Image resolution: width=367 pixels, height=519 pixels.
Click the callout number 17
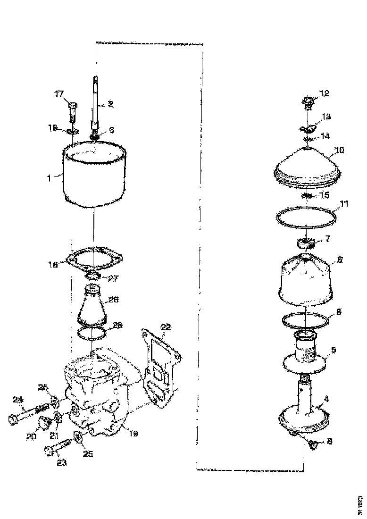[x=59, y=94]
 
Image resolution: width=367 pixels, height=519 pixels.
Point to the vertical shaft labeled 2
[x=95, y=101]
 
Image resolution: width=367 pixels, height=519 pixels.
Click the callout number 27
[x=113, y=278]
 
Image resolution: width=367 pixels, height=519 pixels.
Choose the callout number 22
[x=166, y=326]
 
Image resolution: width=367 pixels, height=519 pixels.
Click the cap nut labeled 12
[x=307, y=101]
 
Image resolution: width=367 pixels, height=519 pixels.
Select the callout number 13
[x=326, y=116]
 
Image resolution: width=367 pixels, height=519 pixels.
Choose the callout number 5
[x=334, y=350]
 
